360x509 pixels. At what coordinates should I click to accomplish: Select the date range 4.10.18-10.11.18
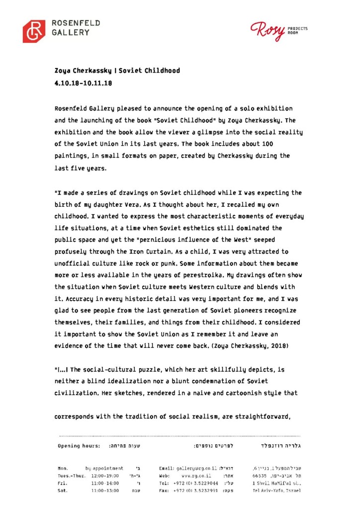click(84, 84)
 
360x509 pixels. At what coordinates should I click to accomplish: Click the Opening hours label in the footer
click(79, 446)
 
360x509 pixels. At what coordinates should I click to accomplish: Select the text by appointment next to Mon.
click(104, 468)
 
